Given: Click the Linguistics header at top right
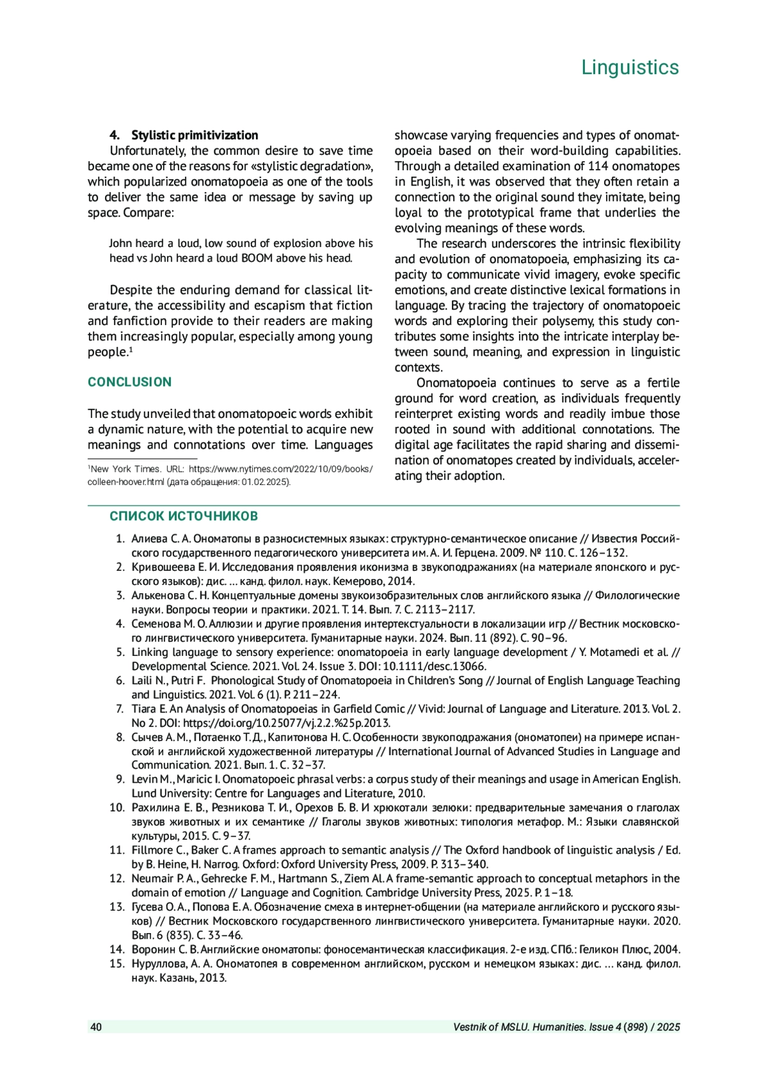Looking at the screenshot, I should click(630, 67).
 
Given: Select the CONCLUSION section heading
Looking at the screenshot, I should click(129, 382).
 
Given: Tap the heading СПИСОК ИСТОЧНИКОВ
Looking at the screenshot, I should click(184, 516).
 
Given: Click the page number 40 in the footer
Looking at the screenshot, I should click(96, 1027).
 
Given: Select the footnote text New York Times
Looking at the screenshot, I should click(125, 469).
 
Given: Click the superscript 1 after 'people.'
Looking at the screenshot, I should click(131, 349).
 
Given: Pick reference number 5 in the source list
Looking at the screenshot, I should click(120, 652).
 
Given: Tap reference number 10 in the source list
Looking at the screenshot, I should click(117, 808).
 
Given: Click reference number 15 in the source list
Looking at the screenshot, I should click(117, 964).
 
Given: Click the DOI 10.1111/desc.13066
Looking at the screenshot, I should click(435, 666).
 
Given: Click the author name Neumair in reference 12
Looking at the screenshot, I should click(152, 879).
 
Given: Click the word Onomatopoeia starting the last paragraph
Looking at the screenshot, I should click(456, 383).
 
